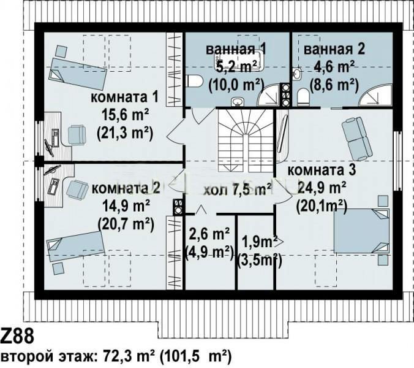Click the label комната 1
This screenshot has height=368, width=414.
click(124, 97)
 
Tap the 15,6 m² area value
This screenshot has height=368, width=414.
click(125, 115)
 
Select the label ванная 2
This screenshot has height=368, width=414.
click(334, 50)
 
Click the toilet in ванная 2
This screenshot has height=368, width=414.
click(303, 97)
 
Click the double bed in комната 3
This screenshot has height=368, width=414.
click(362, 231)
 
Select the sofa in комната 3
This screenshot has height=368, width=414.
click(357, 139)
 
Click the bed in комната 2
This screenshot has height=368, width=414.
click(75, 247)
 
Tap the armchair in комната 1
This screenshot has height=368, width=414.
click(77, 135)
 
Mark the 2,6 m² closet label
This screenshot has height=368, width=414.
click(209, 234)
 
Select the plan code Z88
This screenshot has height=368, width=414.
click(17, 337)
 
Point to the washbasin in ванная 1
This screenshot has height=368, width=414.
click(238, 102)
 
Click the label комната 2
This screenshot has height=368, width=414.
click(126, 188)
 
